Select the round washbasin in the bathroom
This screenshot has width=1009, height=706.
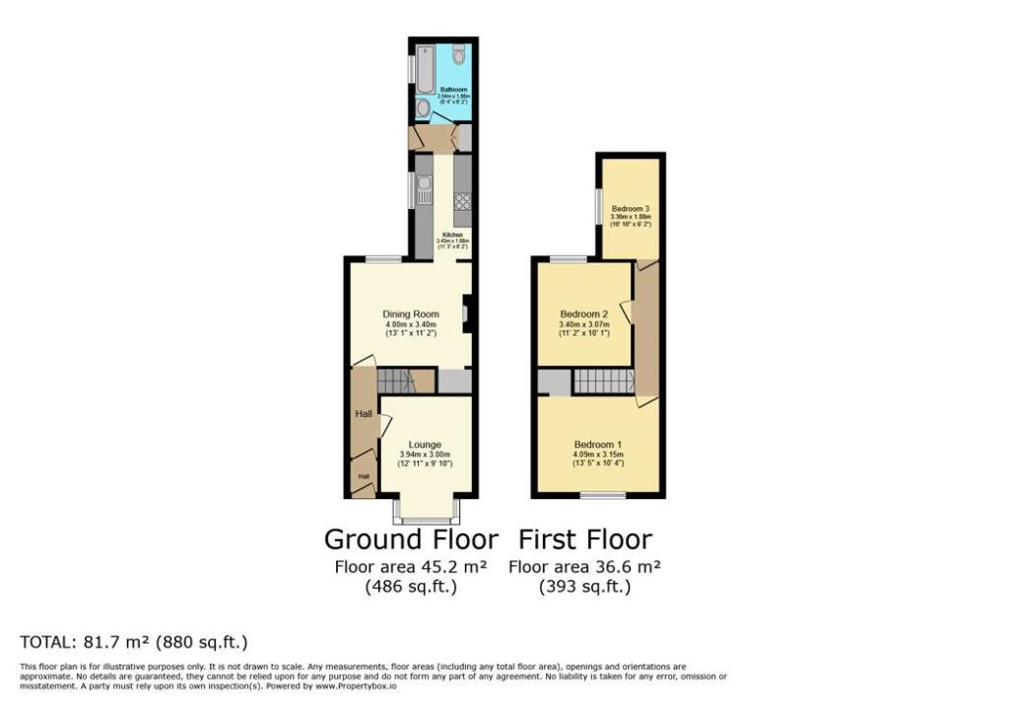pyautogui.click(x=423, y=106)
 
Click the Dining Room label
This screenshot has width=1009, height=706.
pyautogui.click(x=411, y=315)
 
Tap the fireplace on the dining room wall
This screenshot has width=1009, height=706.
pyautogui.click(x=466, y=315)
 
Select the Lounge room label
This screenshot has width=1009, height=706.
pyautogui.click(x=426, y=445)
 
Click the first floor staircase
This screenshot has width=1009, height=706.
pyautogui.click(x=603, y=382)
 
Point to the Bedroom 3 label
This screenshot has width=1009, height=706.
pyautogui.click(x=630, y=209)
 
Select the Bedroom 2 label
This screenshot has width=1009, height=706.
pyautogui.click(x=583, y=315)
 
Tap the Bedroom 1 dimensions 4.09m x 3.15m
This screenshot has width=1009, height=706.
pyautogui.click(x=599, y=455)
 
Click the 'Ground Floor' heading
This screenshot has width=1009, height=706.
pyautogui.click(x=410, y=539)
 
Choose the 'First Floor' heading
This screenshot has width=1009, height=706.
pyautogui.click(x=584, y=539)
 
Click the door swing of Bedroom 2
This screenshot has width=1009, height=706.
pyautogui.click(x=626, y=313)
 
